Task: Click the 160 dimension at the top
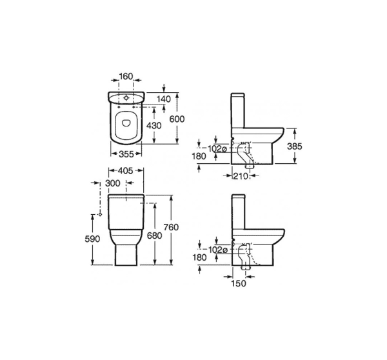click(x=126, y=76)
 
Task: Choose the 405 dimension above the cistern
click(x=121, y=171)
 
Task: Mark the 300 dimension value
click(x=114, y=184)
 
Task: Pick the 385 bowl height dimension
click(x=295, y=146)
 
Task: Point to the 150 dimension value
click(x=239, y=283)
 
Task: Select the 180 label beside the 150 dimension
click(x=199, y=257)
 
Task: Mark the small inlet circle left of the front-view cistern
click(x=100, y=214)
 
